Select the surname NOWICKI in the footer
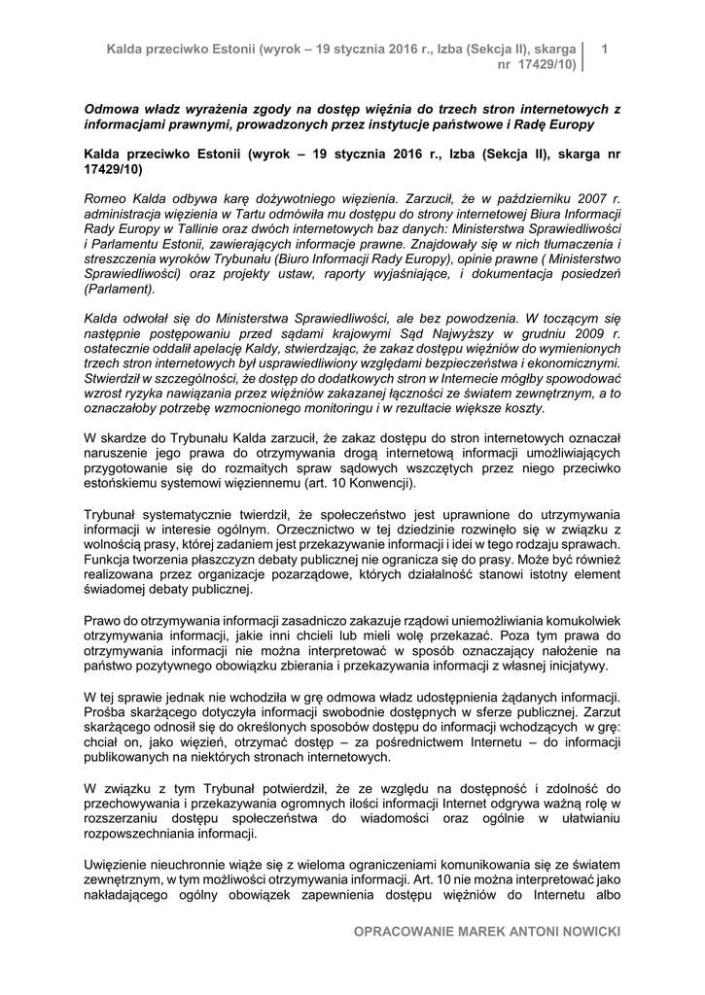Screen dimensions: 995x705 tap(586, 932)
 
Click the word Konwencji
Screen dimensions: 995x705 tap(380, 483)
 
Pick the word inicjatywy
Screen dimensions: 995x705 tap(572, 666)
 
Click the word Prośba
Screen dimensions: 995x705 tap(107, 711)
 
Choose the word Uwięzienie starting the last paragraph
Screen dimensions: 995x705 tap(122, 865)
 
